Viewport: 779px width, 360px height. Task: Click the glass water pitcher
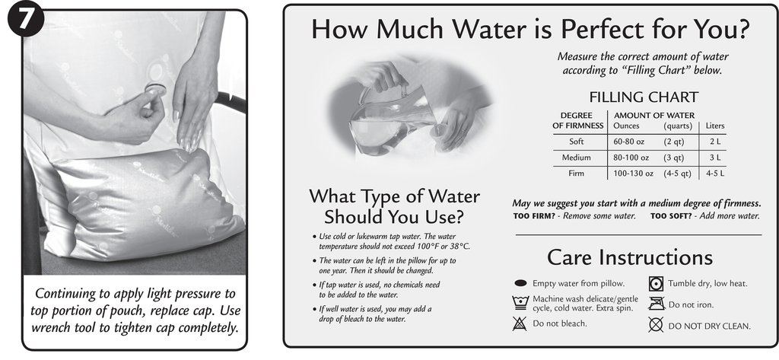(389, 118)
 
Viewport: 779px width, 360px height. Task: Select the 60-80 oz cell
(629, 142)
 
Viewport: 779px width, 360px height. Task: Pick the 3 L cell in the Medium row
(715, 158)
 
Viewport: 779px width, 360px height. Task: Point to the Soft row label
(577, 142)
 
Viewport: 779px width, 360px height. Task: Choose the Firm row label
(577, 174)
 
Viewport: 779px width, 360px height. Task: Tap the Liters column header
(715, 126)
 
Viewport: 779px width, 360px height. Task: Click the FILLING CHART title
(644, 97)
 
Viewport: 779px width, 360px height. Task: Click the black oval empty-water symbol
(520, 283)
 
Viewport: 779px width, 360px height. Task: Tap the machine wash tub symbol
(520, 302)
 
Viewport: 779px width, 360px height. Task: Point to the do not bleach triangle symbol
(520, 323)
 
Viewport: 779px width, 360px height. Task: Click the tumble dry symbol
(656, 283)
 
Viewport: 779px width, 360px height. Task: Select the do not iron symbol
(656, 304)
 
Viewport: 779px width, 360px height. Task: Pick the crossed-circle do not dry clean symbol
(656, 325)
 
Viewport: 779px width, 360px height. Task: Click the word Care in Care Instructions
(570, 257)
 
